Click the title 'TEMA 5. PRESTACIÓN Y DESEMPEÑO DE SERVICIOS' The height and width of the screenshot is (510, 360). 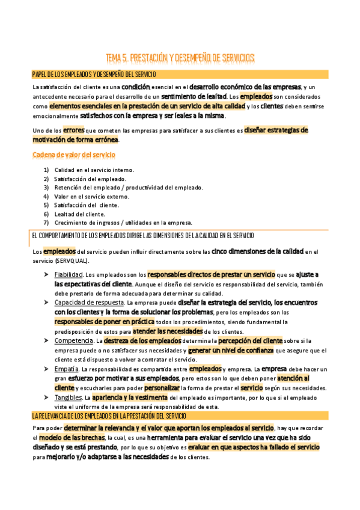pyautogui.click(x=180, y=58)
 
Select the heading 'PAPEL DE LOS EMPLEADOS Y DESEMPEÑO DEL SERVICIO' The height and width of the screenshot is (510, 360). pyautogui.click(x=94, y=75)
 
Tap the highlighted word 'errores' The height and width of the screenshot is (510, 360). pyautogui.click(x=73, y=130)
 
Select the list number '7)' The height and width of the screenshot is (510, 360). pyautogui.click(x=46, y=223)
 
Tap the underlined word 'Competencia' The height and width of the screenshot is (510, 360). pyautogui.click(x=72, y=341)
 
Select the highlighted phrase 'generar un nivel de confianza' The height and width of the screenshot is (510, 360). pyautogui.click(x=231, y=350)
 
